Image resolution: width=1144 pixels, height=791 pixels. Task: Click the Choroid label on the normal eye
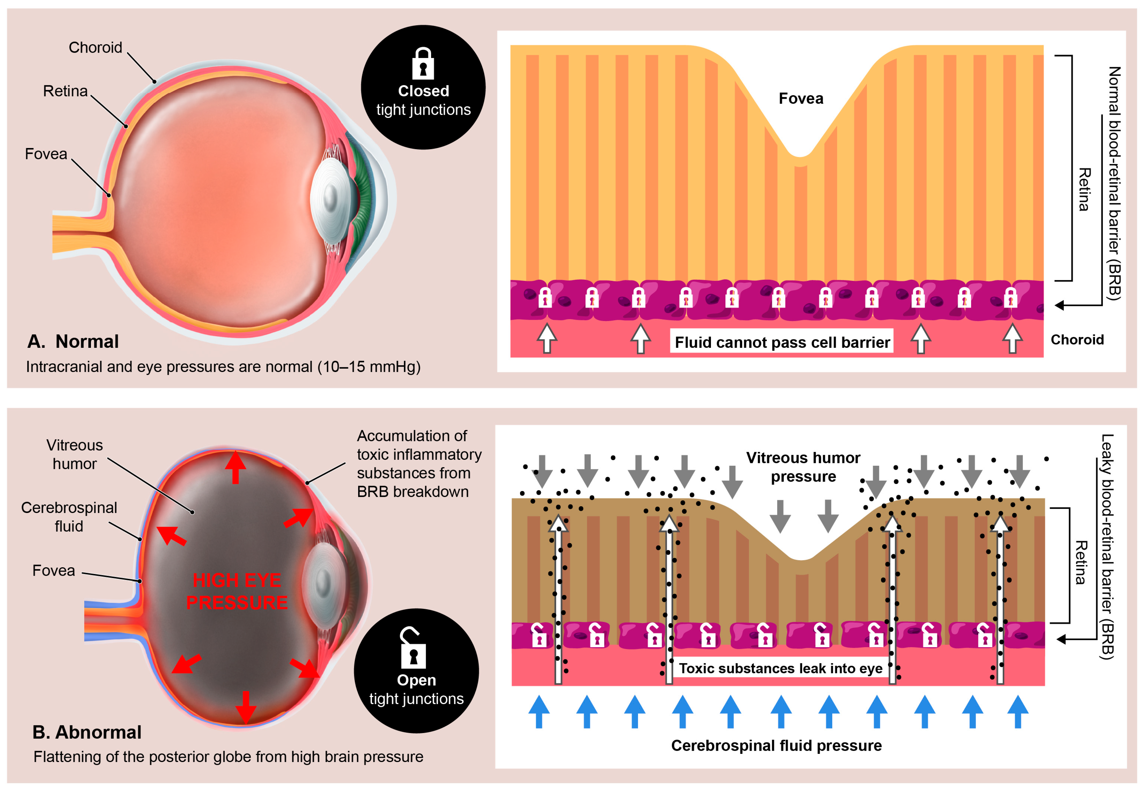click(x=95, y=48)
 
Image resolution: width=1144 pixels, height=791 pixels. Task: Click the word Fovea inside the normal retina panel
click(x=800, y=98)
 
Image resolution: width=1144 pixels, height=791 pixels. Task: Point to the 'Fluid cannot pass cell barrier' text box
click(x=782, y=342)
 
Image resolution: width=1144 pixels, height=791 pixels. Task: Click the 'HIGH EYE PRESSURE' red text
click(x=237, y=591)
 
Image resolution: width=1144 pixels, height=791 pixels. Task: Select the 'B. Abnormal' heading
click(x=87, y=732)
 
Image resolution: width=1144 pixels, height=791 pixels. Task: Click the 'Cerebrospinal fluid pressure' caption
click(x=776, y=745)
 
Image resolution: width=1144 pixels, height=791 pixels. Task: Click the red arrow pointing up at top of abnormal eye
click(x=236, y=466)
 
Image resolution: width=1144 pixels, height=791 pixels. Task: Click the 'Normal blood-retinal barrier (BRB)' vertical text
click(x=1114, y=183)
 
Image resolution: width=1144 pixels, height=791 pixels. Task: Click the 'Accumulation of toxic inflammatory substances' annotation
click(x=419, y=463)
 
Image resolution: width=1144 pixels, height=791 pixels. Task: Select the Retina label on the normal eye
click(x=65, y=91)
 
